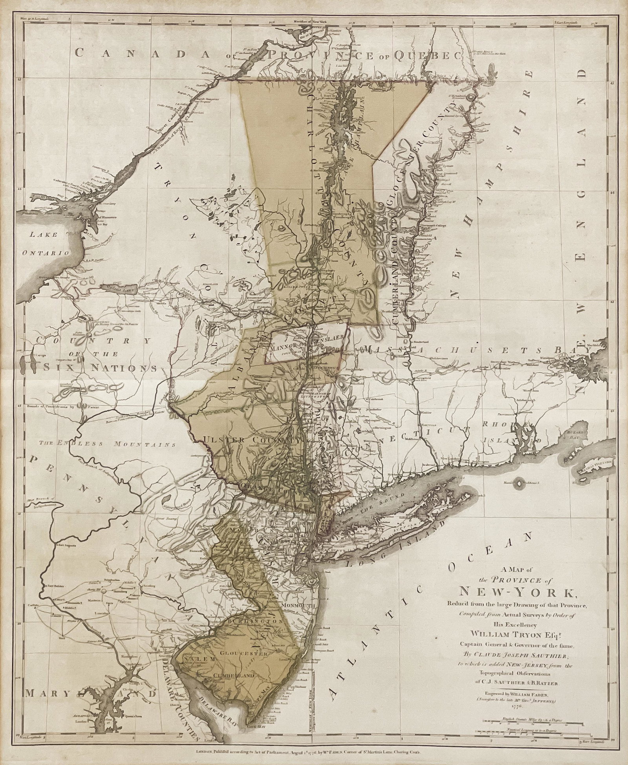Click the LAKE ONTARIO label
click(x=46, y=243)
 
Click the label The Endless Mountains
click(x=107, y=444)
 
